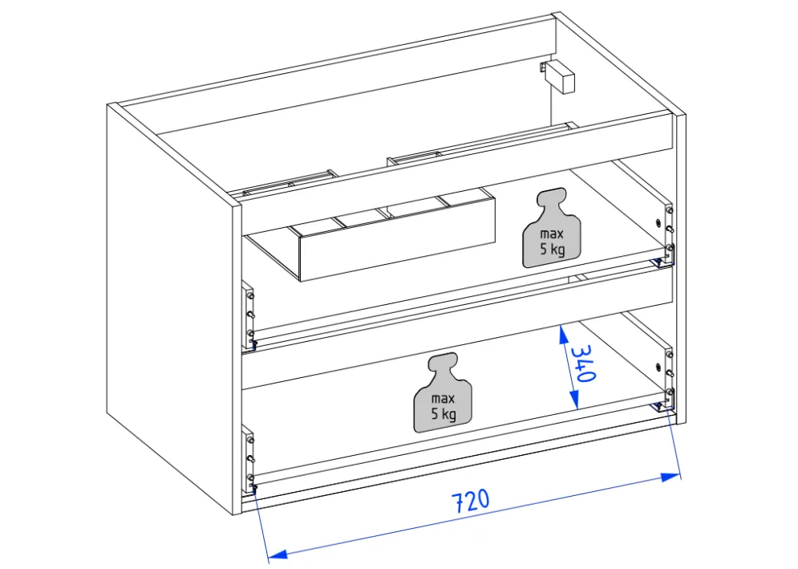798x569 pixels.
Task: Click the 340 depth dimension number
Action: tap(583, 364)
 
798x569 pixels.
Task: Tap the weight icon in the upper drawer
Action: tap(552, 228)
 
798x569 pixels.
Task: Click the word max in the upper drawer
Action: tap(552, 234)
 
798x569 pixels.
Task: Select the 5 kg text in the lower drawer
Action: tap(444, 413)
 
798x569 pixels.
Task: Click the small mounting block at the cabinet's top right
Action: tap(558, 76)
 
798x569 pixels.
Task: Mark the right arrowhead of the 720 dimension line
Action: tap(670, 478)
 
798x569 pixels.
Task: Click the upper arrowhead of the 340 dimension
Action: tap(563, 335)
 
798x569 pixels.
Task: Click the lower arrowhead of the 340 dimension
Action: tap(574, 400)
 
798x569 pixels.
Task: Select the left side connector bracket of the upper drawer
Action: tap(248, 316)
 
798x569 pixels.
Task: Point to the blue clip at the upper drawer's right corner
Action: tap(659, 262)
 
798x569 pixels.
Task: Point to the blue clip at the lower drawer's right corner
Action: tap(659, 406)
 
